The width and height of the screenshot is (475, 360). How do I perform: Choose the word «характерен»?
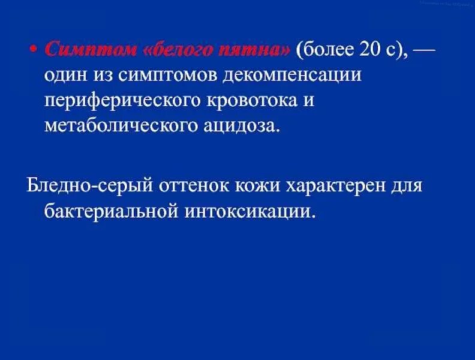pyautogui.click(x=338, y=185)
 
